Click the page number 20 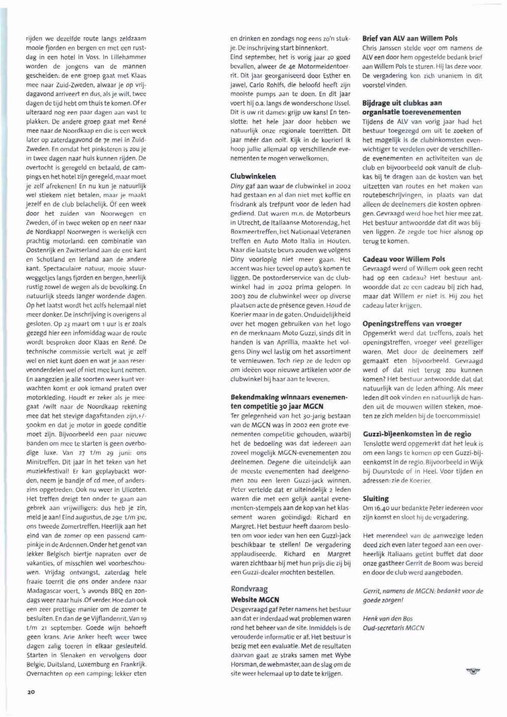(31, 692)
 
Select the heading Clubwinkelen (253, 176)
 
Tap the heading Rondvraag (249, 589)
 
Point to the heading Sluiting (375, 498)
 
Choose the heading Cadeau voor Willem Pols (404, 259)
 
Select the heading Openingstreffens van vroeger (412, 323)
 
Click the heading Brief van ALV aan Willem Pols (410, 38)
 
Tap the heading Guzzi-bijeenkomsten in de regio (416, 434)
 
